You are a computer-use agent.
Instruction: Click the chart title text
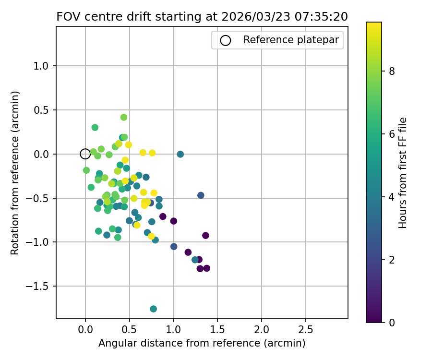202,16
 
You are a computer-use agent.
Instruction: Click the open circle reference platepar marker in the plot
85,154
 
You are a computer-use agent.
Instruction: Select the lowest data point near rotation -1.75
153,309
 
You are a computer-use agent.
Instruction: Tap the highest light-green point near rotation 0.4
124,117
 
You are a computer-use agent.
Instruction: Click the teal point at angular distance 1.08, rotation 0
180,154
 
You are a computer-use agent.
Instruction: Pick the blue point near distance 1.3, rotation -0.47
201,195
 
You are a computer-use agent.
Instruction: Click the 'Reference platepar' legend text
291,40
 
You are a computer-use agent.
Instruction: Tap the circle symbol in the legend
226,40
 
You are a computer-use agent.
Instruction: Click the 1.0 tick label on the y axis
42,66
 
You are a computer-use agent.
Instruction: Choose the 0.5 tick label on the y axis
42,110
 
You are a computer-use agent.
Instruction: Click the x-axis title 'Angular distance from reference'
202,343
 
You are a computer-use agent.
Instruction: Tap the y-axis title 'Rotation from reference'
15,173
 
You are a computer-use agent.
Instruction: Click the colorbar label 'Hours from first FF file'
403,173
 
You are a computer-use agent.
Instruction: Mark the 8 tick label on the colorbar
391,71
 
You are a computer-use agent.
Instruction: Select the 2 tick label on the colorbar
391,260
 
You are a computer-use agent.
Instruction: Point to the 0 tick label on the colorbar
391,322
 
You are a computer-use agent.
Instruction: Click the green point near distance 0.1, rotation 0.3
95,128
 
